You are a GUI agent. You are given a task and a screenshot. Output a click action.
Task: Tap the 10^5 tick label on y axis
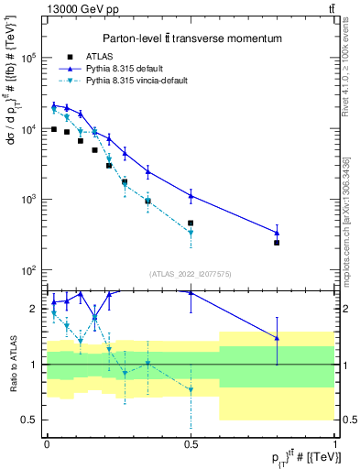pos(27,57)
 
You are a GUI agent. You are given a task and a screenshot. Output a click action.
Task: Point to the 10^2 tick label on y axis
pos(27,270)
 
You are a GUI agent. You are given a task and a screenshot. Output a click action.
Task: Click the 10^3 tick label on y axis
pos(27,199)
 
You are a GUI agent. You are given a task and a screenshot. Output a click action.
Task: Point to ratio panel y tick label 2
pos(34,309)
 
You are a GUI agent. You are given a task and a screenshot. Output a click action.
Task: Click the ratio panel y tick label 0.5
pos(30,420)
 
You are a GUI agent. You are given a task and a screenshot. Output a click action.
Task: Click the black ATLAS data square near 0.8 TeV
pos(277,243)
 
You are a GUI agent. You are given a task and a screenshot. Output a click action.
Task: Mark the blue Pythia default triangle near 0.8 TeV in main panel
pos(277,233)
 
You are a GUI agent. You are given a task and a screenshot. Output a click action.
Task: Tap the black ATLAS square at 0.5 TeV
pos(191,223)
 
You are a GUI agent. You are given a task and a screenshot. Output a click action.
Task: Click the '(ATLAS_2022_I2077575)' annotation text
pos(191,274)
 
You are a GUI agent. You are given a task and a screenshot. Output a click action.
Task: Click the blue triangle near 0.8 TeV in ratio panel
pos(277,338)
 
